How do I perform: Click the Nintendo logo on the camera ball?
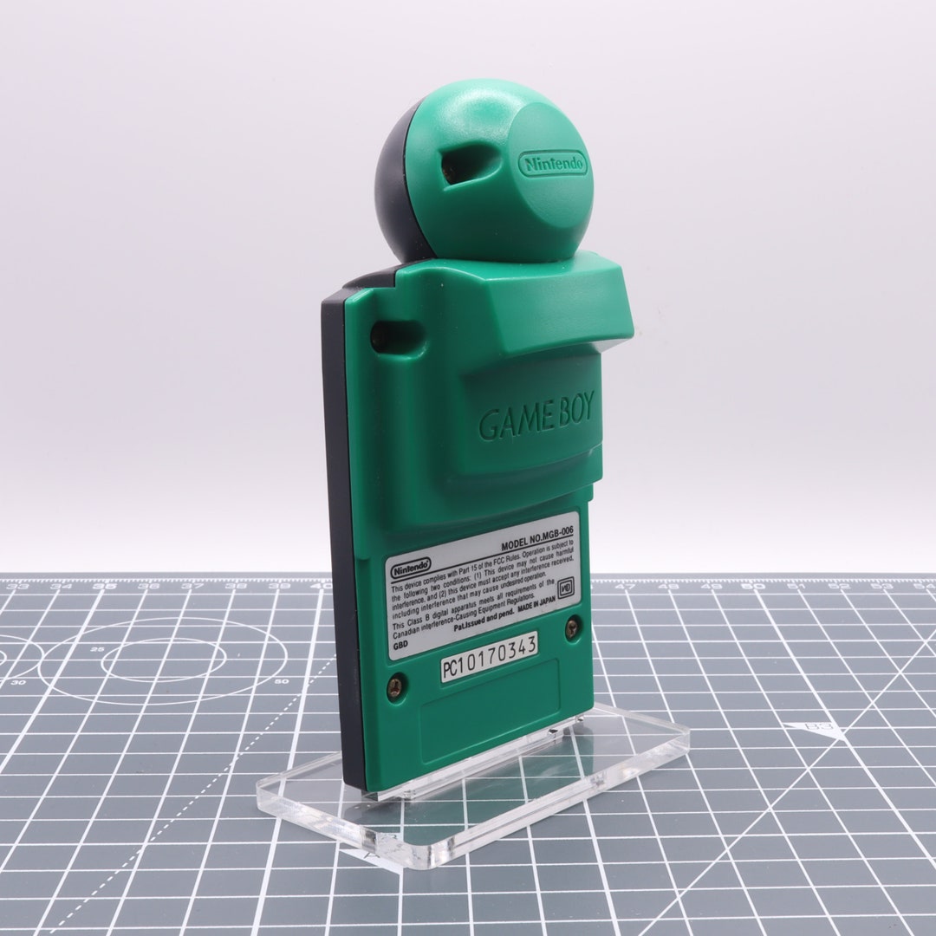[553, 164]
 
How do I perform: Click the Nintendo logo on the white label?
[412, 569]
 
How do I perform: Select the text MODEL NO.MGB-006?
[537, 545]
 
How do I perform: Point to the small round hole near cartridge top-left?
[379, 335]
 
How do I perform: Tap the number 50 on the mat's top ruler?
[757, 587]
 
